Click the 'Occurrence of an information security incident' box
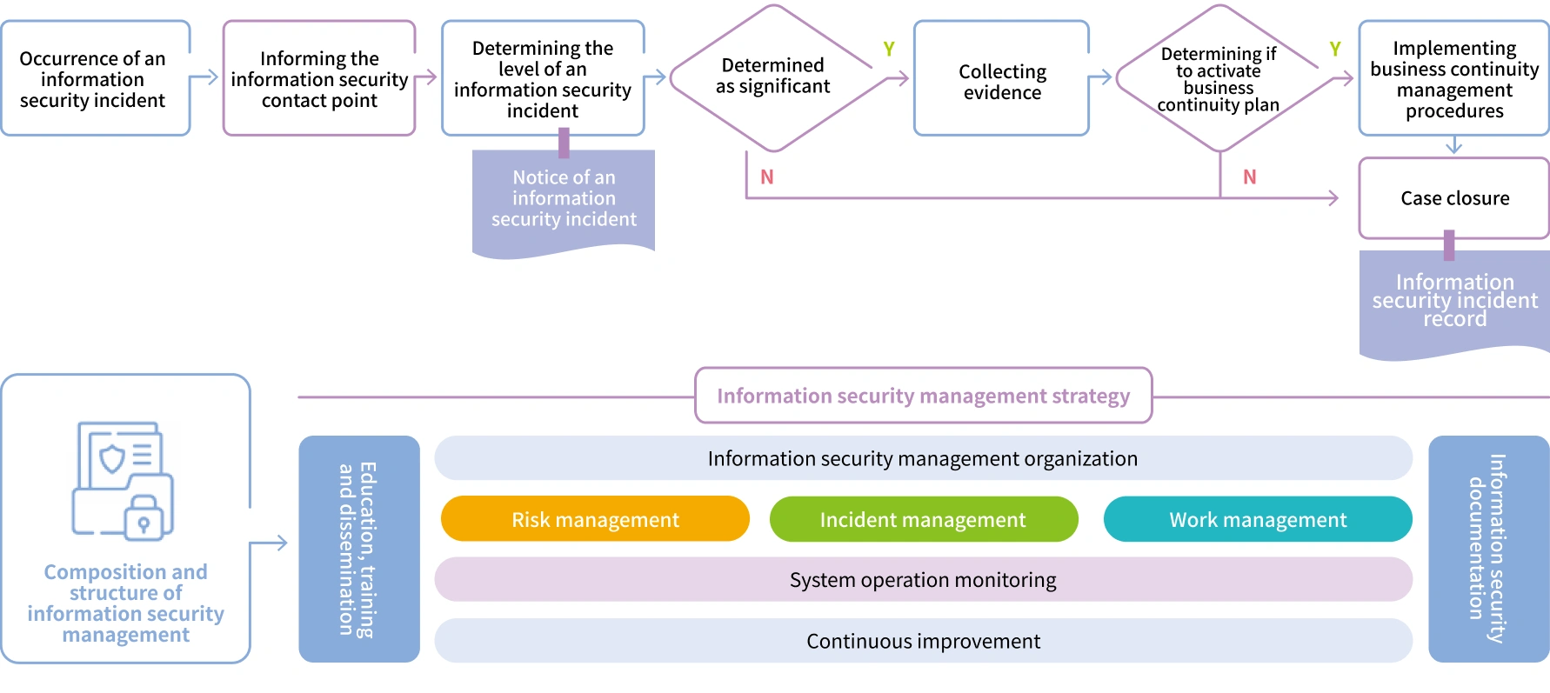coord(93,79)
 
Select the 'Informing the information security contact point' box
coord(319,79)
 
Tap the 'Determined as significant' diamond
coord(772,77)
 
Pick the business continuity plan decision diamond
coord(1218,79)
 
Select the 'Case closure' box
coord(1454,198)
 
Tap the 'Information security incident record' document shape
coord(1454,301)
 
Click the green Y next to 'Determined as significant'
coord(889,50)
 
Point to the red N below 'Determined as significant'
coord(766,177)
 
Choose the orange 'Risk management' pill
coord(595,519)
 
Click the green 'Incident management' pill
coord(923,519)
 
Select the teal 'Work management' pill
coord(1257,519)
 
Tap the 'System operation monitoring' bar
coord(923,579)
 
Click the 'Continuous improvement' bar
coord(923,641)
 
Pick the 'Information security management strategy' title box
coord(923,396)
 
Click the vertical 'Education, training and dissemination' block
coord(358,549)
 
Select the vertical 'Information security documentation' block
coord(1487,549)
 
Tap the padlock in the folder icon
coord(144,519)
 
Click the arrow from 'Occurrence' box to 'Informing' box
coord(204,78)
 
